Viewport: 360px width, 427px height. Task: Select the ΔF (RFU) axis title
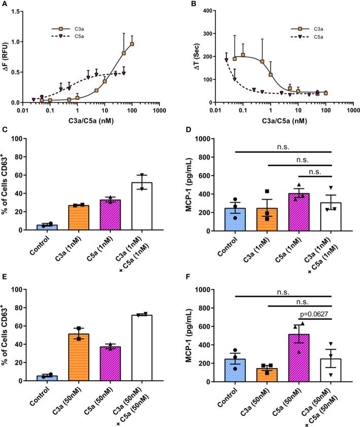click(7, 56)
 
